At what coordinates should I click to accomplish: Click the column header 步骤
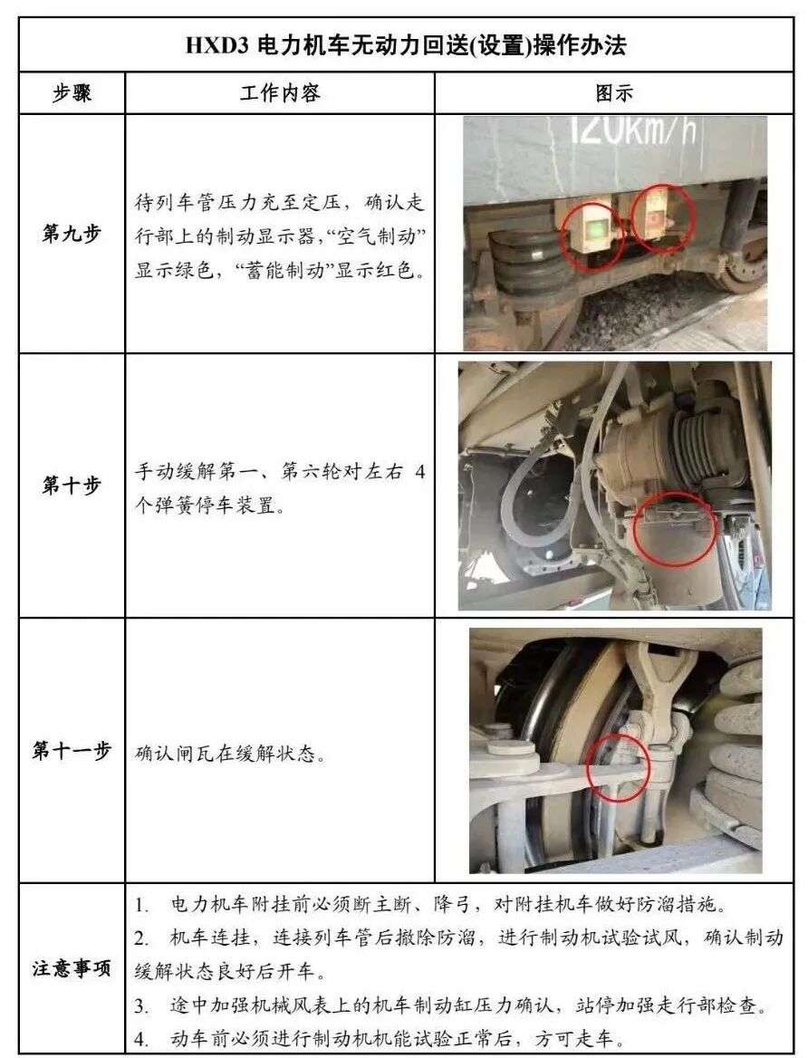pos(72,93)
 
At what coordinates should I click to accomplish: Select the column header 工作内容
pos(280,93)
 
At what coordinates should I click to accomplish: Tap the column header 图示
pos(613,93)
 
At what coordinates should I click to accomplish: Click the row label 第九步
pos(72,234)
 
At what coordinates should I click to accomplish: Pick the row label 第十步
pos(72,485)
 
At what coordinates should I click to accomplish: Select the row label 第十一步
pos(72,750)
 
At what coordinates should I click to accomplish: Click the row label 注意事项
pos(72,969)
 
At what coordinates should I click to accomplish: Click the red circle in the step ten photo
pos(675,529)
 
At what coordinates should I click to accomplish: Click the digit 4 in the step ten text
pos(420,472)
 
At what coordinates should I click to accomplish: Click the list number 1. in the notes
pos(141,905)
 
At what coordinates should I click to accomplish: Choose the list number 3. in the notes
pos(141,1006)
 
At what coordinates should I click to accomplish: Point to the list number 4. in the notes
pos(141,1039)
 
